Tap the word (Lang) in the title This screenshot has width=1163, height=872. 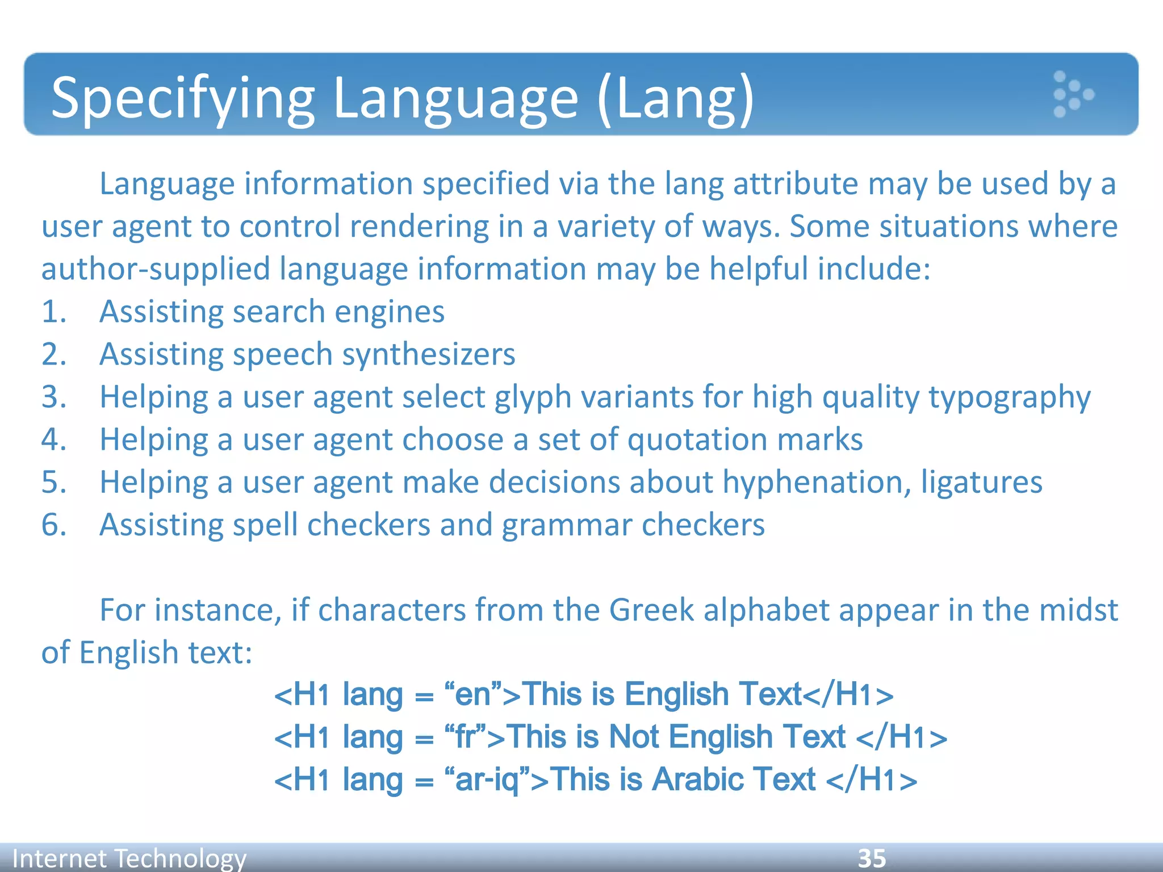click(x=676, y=99)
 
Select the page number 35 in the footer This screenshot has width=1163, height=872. click(x=872, y=858)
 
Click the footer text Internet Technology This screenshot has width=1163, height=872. click(x=129, y=858)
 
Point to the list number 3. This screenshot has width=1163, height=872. click(x=54, y=396)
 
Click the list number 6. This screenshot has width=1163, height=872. click(x=54, y=525)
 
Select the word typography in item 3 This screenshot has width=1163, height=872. click(x=1009, y=397)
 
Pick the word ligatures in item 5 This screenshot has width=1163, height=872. click(x=981, y=483)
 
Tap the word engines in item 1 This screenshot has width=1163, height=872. click(x=389, y=312)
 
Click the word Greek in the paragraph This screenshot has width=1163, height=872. click(x=651, y=610)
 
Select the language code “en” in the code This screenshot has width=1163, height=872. click(x=473, y=694)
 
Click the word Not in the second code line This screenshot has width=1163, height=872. click(x=634, y=737)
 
